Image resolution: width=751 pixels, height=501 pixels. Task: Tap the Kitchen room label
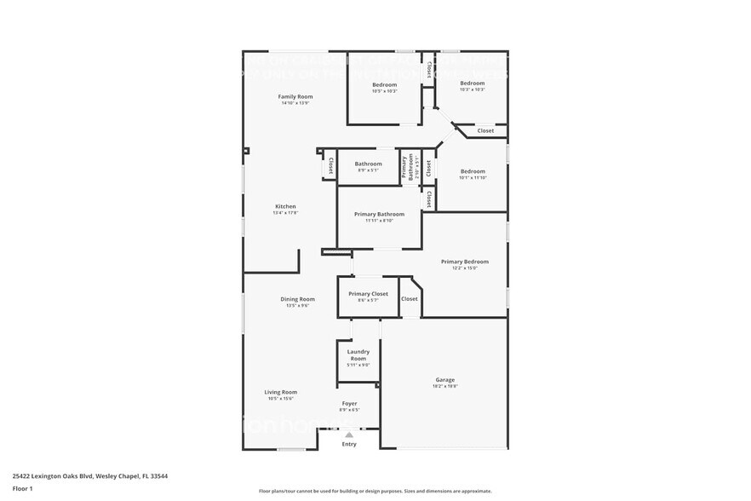click(x=285, y=207)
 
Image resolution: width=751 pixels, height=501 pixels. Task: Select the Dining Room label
click(x=298, y=299)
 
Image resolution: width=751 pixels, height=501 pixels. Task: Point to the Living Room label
click(x=281, y=392)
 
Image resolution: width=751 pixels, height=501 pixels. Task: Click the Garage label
click(x=445, y=380)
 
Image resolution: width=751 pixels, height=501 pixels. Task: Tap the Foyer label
click(x=349, y=403)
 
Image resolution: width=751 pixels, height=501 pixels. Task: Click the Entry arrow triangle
click(x=349, y=435)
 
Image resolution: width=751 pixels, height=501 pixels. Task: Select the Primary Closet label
click(x=368, y=294)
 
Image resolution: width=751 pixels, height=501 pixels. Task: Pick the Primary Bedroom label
click(x=465, y=262)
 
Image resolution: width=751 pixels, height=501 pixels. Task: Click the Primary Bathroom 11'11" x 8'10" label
click(x=379, y=215)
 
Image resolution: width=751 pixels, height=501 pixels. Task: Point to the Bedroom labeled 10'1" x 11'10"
click(x=473, y=171)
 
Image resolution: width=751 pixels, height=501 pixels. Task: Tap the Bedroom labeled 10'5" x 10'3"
click(x=385, y=85)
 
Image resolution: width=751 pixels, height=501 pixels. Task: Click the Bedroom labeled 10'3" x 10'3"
click(x=473, y=83)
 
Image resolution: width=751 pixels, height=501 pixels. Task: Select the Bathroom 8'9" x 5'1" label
click(x=369, y=164)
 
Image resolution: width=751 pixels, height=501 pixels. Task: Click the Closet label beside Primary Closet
click(x=410, y=299)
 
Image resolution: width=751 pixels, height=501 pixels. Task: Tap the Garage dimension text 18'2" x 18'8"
click(x=445, y=386)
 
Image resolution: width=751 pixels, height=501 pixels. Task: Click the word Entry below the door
click(x=349, y=444)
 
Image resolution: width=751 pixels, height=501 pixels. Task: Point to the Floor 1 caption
click(x=22, y=488)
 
